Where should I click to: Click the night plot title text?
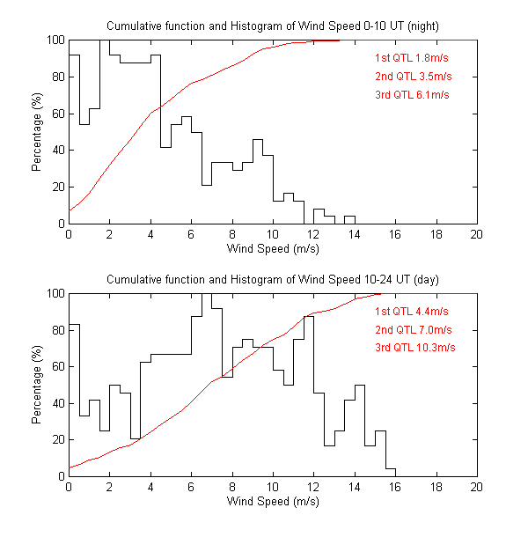tap(273, 26)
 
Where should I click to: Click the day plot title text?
tap(273, 279)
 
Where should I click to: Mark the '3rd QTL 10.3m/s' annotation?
tap(415, 348)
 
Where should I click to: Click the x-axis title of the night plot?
tap(273, 248)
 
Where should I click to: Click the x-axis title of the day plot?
tap(273, 501)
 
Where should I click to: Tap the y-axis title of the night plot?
tap(37, 132)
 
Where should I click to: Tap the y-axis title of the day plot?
tap(37, 385)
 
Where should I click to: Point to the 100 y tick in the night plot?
tap(55, 40)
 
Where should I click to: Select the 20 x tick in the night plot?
tap(477, 235)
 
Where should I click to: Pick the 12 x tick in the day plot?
tap(314, 488)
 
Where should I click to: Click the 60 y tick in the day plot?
tap(57, 366)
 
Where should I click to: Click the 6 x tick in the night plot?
tap(191, 235)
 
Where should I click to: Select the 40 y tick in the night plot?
tap(57, 151)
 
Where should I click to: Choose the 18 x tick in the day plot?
tap(436, 488)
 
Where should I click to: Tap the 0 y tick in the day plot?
tap(61, 476)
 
